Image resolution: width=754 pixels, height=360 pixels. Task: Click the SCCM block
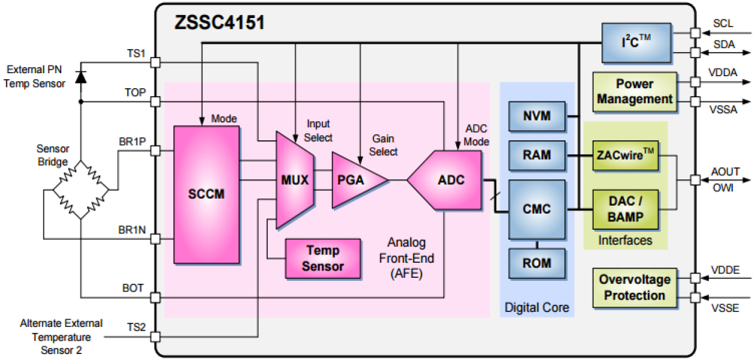click(206, 194)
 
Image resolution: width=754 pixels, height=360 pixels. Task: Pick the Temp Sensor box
click(323, 259)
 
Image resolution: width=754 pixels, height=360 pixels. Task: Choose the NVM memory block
click(537, 116)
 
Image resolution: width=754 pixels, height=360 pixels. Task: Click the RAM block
click(537, 155)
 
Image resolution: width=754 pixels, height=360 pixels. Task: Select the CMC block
click(537, 209)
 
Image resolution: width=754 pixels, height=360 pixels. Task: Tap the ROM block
click(537, 263)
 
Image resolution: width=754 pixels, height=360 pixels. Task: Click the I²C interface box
click(636, 43)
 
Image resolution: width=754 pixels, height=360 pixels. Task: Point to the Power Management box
click(635, 91)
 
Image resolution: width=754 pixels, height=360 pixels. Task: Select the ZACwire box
click(626, 155)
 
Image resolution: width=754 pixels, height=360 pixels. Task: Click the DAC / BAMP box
click(626, 209)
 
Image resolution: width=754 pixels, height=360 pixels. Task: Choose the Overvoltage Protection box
click(635, 287)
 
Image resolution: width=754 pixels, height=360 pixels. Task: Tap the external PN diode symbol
click(80, 76)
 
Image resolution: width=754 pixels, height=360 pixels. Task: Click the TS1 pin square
click(155, 62)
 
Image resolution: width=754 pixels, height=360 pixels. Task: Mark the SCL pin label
click(723, 23)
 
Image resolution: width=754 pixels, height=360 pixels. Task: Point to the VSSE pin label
click(725, 308)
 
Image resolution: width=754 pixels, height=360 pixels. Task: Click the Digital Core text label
click(537, 308)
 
